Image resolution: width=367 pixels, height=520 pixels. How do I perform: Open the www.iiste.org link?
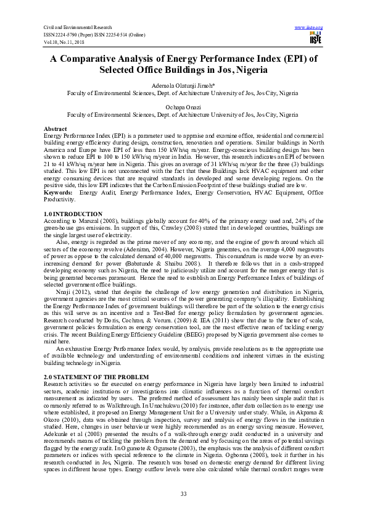point(310,28)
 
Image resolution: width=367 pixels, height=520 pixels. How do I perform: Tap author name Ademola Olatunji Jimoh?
point(183,85)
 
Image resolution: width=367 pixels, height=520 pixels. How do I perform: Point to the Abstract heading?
point(56,128)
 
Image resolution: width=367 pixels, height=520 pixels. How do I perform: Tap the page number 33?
point(183,493)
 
